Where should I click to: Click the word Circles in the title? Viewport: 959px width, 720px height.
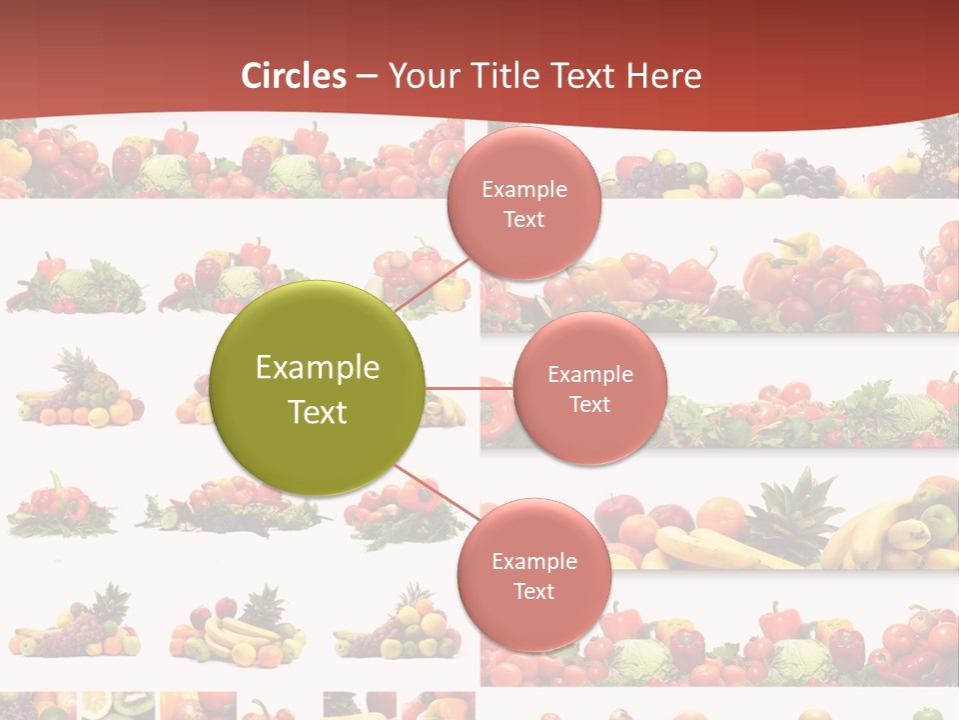(x=293, y=76)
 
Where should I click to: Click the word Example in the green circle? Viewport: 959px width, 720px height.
(x=318, y=368)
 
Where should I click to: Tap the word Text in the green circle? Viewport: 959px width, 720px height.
(x=318, y=412)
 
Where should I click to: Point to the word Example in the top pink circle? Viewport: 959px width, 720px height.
(x=523, y=190)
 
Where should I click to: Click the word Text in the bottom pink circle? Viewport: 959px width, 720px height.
(x=533, y=592)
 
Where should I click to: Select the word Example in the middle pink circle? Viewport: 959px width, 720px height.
(x=589, y=375)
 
